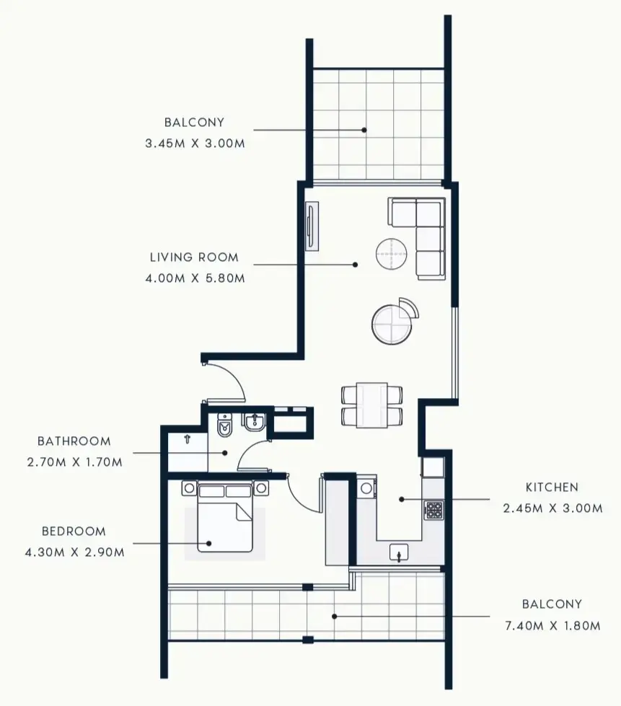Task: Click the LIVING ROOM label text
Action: click(193, 257)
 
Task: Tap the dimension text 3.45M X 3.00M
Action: click(195, 143)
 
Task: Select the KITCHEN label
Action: click(552, 487)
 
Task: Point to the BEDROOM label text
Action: click(74, 531)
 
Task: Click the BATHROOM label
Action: click(74, 441)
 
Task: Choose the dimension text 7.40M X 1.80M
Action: click(551, 625)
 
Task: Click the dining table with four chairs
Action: click(371, 405)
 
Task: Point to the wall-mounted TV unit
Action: click(311, 226)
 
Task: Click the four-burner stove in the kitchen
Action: click(433, 511)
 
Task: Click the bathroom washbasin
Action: click(255, 425)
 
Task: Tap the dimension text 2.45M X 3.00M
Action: click(552, 508)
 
